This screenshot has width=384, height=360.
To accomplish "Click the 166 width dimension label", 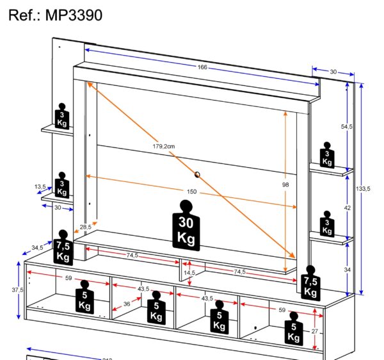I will (202, 67).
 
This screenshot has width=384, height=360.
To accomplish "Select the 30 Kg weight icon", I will (186, 225).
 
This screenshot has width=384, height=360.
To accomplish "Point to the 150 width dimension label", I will (192, 192).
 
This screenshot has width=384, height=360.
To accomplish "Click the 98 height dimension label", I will (285, 185).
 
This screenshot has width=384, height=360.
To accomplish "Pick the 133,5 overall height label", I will (364, 189).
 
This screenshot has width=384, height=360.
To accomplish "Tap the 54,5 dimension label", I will (347, 127).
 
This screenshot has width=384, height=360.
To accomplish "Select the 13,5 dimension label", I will (40, 187).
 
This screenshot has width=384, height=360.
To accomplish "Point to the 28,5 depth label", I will (85, 227).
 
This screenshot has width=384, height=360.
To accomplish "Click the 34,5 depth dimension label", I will (37, 247).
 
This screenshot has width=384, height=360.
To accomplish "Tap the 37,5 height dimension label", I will (17, 290).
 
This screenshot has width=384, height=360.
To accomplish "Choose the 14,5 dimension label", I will (189, 272).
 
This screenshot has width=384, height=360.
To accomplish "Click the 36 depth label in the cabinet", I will (127, 304).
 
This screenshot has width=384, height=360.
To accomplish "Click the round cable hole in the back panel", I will (197, 174).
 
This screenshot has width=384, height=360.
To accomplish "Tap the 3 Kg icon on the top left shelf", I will (62, 116).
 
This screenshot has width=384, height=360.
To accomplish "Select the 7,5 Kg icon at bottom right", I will (310, 282).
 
